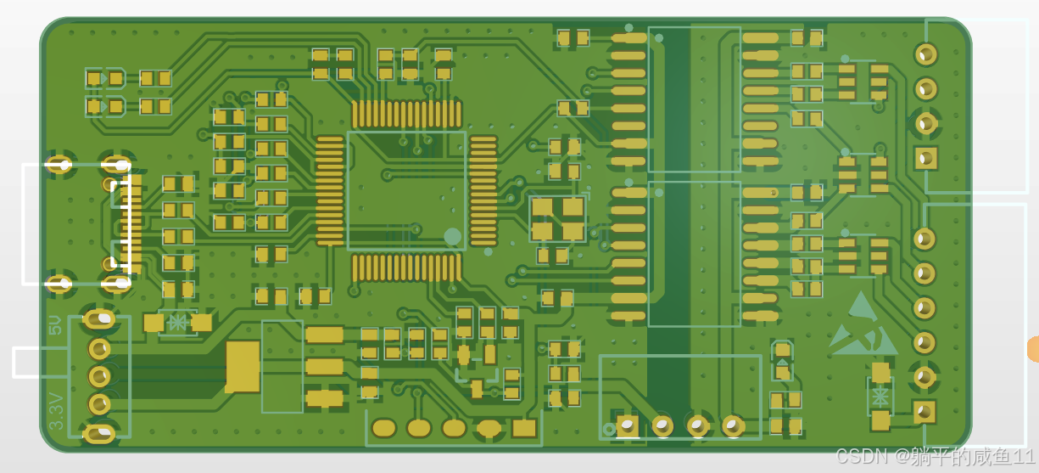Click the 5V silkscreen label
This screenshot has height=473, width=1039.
(55, 325)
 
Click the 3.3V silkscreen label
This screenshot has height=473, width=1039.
(56, 411)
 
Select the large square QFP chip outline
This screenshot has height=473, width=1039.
(406, 191)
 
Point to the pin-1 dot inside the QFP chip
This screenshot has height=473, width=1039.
(452, 236)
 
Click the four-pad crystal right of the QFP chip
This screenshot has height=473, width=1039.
(557, 218)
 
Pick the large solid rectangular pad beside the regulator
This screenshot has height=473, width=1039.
(243, 367)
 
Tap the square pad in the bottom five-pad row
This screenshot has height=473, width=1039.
(524, 428)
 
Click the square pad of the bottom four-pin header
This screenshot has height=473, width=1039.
(627, 425)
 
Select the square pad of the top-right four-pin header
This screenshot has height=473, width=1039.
(926, 158)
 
